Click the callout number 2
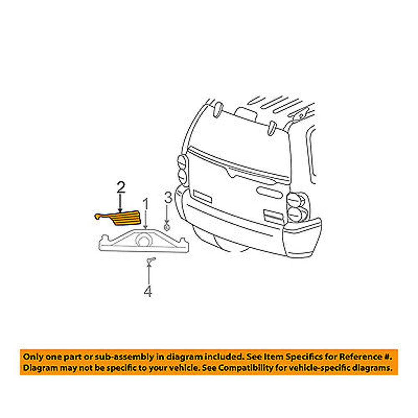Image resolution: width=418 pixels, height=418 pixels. click(x=120, y=188)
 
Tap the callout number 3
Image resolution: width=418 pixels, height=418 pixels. click(x=167, y=198)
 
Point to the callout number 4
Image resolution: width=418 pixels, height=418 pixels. click(x=148, y=291)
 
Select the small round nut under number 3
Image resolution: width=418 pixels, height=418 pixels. click(x=166, y=228)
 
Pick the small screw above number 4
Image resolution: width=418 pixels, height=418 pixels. click(x=149, y=261)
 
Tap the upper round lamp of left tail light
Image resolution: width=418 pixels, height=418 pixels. click(x=181, y=161)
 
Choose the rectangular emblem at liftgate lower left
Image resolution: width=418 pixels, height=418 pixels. click(x=201, y=196)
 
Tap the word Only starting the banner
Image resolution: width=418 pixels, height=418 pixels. click(x=32, y=357)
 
